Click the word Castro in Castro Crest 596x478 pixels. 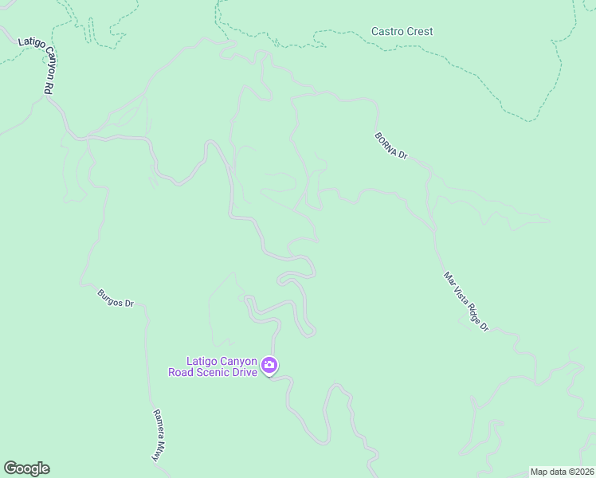[388, 32]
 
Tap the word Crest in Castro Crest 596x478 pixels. [420, 32]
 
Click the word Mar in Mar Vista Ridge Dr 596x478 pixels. [449, 279]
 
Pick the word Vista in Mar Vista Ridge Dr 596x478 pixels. [461, 296]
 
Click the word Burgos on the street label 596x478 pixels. [110, 297]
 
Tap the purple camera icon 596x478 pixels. [269, 366]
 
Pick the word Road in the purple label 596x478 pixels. [182, 372]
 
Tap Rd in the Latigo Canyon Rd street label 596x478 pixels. [48, 90]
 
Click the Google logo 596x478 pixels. [26, 468]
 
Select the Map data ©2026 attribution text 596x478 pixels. [561, 472]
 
